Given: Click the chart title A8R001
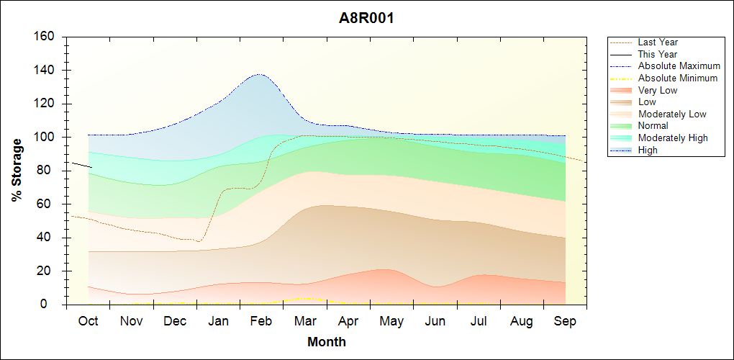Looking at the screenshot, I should point(366,18).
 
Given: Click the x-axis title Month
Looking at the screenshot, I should point(327,342).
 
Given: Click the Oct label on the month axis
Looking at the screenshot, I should point(88,321).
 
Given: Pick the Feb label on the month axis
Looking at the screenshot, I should point(261,321).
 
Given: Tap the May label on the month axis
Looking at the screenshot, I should point(391,321).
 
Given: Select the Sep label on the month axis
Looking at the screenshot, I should point(565,321).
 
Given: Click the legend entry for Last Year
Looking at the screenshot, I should point(658,42).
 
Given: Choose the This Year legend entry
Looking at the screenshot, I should point(658,54).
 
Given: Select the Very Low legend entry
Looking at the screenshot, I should point(658,90).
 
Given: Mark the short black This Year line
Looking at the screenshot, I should point(81,165).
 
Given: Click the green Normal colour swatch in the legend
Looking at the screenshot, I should point(620,126).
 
